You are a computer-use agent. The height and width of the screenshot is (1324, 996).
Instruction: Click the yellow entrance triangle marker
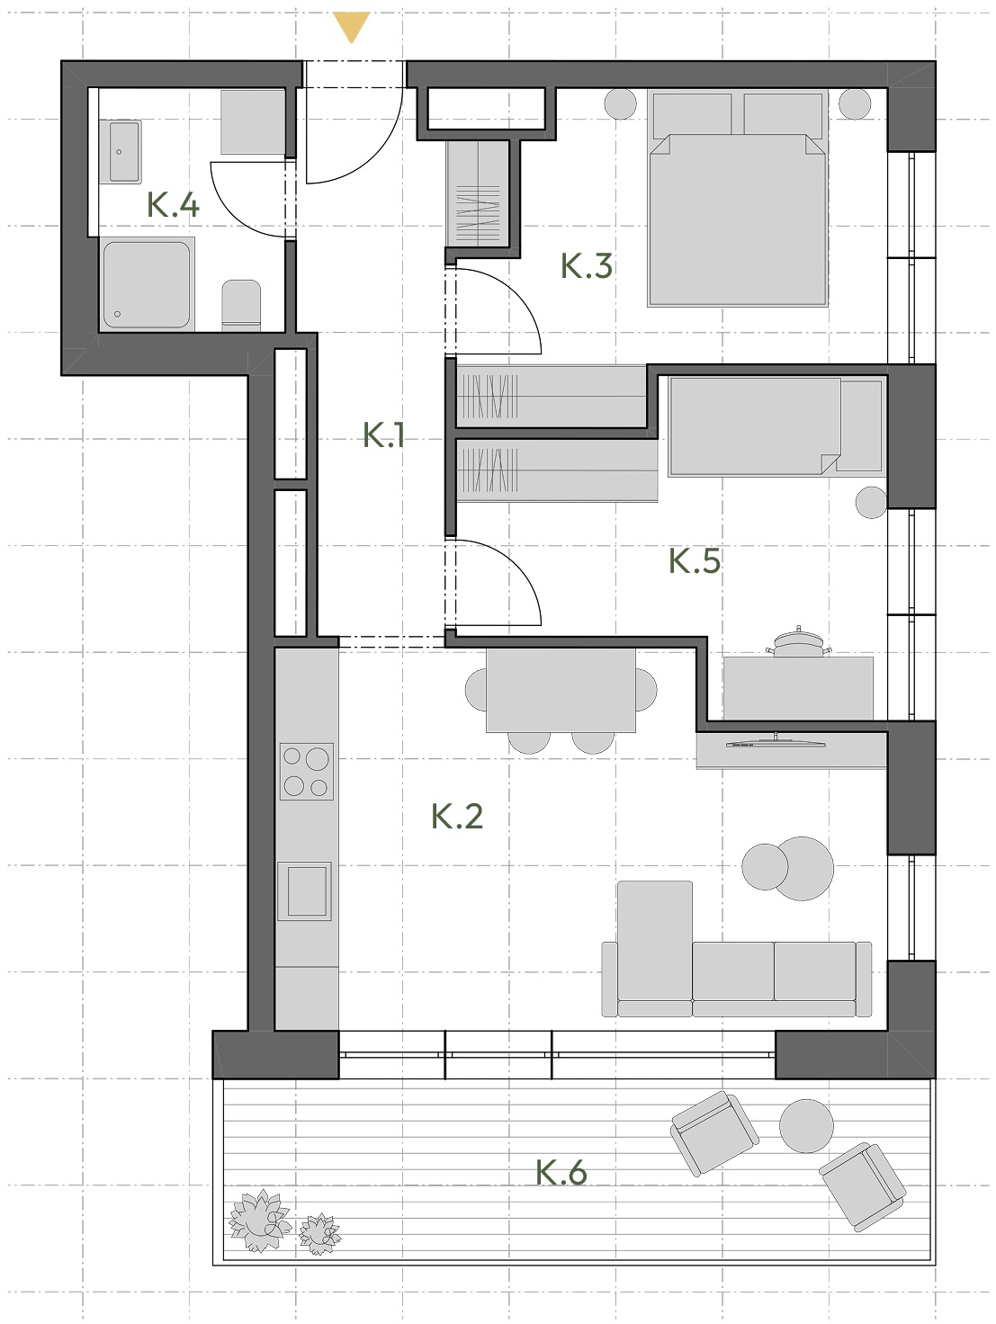click(351, 27)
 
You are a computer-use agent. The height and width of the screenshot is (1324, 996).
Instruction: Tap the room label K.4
click(173, 205)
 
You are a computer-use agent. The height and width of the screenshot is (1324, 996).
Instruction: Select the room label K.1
click(383, 435)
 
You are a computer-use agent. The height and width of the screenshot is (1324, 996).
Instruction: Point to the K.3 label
click(587, 265)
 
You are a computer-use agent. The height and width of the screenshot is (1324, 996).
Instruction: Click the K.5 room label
click(695, 560)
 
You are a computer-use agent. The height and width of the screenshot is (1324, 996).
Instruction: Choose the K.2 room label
click(457, 816)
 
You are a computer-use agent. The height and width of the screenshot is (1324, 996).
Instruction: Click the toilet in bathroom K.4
click(241, 305)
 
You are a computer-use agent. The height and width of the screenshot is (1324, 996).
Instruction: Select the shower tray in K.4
click(147, 284)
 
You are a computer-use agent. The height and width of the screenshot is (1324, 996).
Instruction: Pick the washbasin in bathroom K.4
click(125, 151)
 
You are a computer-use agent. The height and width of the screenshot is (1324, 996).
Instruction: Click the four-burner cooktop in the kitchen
click(307, 772)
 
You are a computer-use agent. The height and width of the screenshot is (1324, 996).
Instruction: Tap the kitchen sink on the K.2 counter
click(305, 890)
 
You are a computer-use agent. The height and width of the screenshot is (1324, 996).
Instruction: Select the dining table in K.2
click(561, 690)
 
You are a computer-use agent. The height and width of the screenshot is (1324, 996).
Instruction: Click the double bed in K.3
click(738, 198)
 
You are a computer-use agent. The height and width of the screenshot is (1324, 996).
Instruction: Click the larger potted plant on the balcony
click(260, 1221)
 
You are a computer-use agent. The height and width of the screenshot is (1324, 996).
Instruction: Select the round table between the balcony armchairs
click(806, 1125)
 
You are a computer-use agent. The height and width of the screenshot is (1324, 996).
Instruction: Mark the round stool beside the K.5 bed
click(871, 503)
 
